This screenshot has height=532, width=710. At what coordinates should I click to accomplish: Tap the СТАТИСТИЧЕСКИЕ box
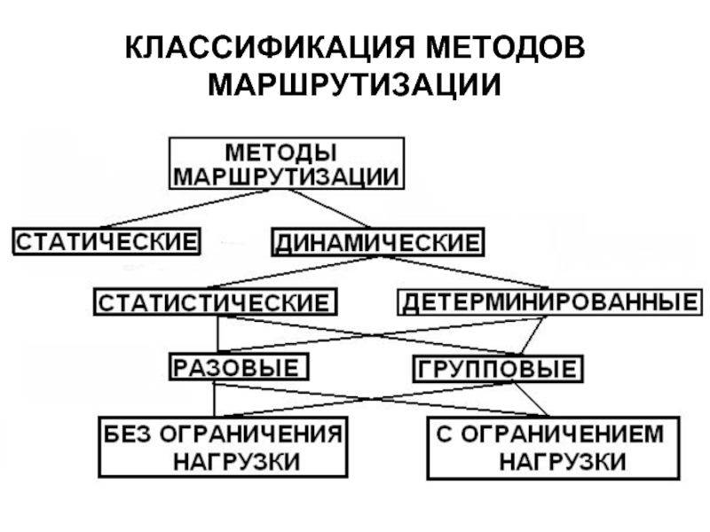click(x=216, y=301)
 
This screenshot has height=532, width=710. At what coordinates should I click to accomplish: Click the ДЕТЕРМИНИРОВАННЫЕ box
click(x=548, y=301)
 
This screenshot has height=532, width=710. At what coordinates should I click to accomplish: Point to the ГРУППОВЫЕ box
click(x=497, y=367)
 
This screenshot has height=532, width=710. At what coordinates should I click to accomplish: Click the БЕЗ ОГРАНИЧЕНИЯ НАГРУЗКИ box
click(x=222, y=447)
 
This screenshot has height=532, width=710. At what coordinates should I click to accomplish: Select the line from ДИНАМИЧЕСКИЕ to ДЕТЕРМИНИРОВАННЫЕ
click(x=461, y=272)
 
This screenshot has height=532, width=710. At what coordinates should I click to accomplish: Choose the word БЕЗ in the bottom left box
click(x=127, y=434)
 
